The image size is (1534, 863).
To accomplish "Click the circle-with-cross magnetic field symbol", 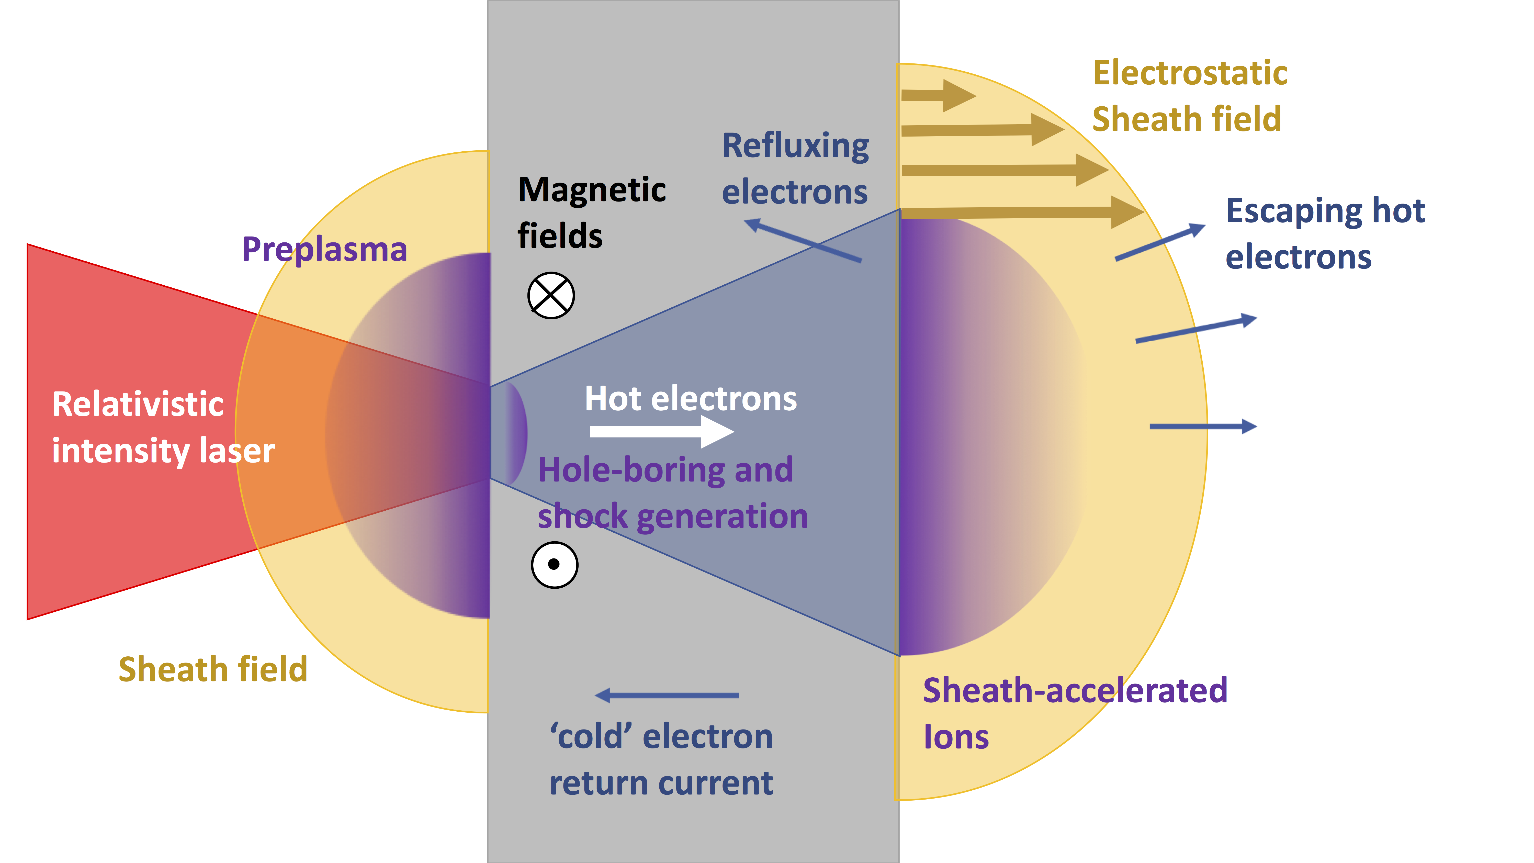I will click(551, 295).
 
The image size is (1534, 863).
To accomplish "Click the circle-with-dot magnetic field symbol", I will click(554, 565).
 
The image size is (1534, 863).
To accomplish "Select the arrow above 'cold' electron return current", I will click(667, 695).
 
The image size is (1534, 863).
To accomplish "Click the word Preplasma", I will click(324, 250).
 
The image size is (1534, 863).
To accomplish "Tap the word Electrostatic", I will click(1190, 73).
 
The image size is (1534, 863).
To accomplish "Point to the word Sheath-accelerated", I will click(1075, 691).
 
